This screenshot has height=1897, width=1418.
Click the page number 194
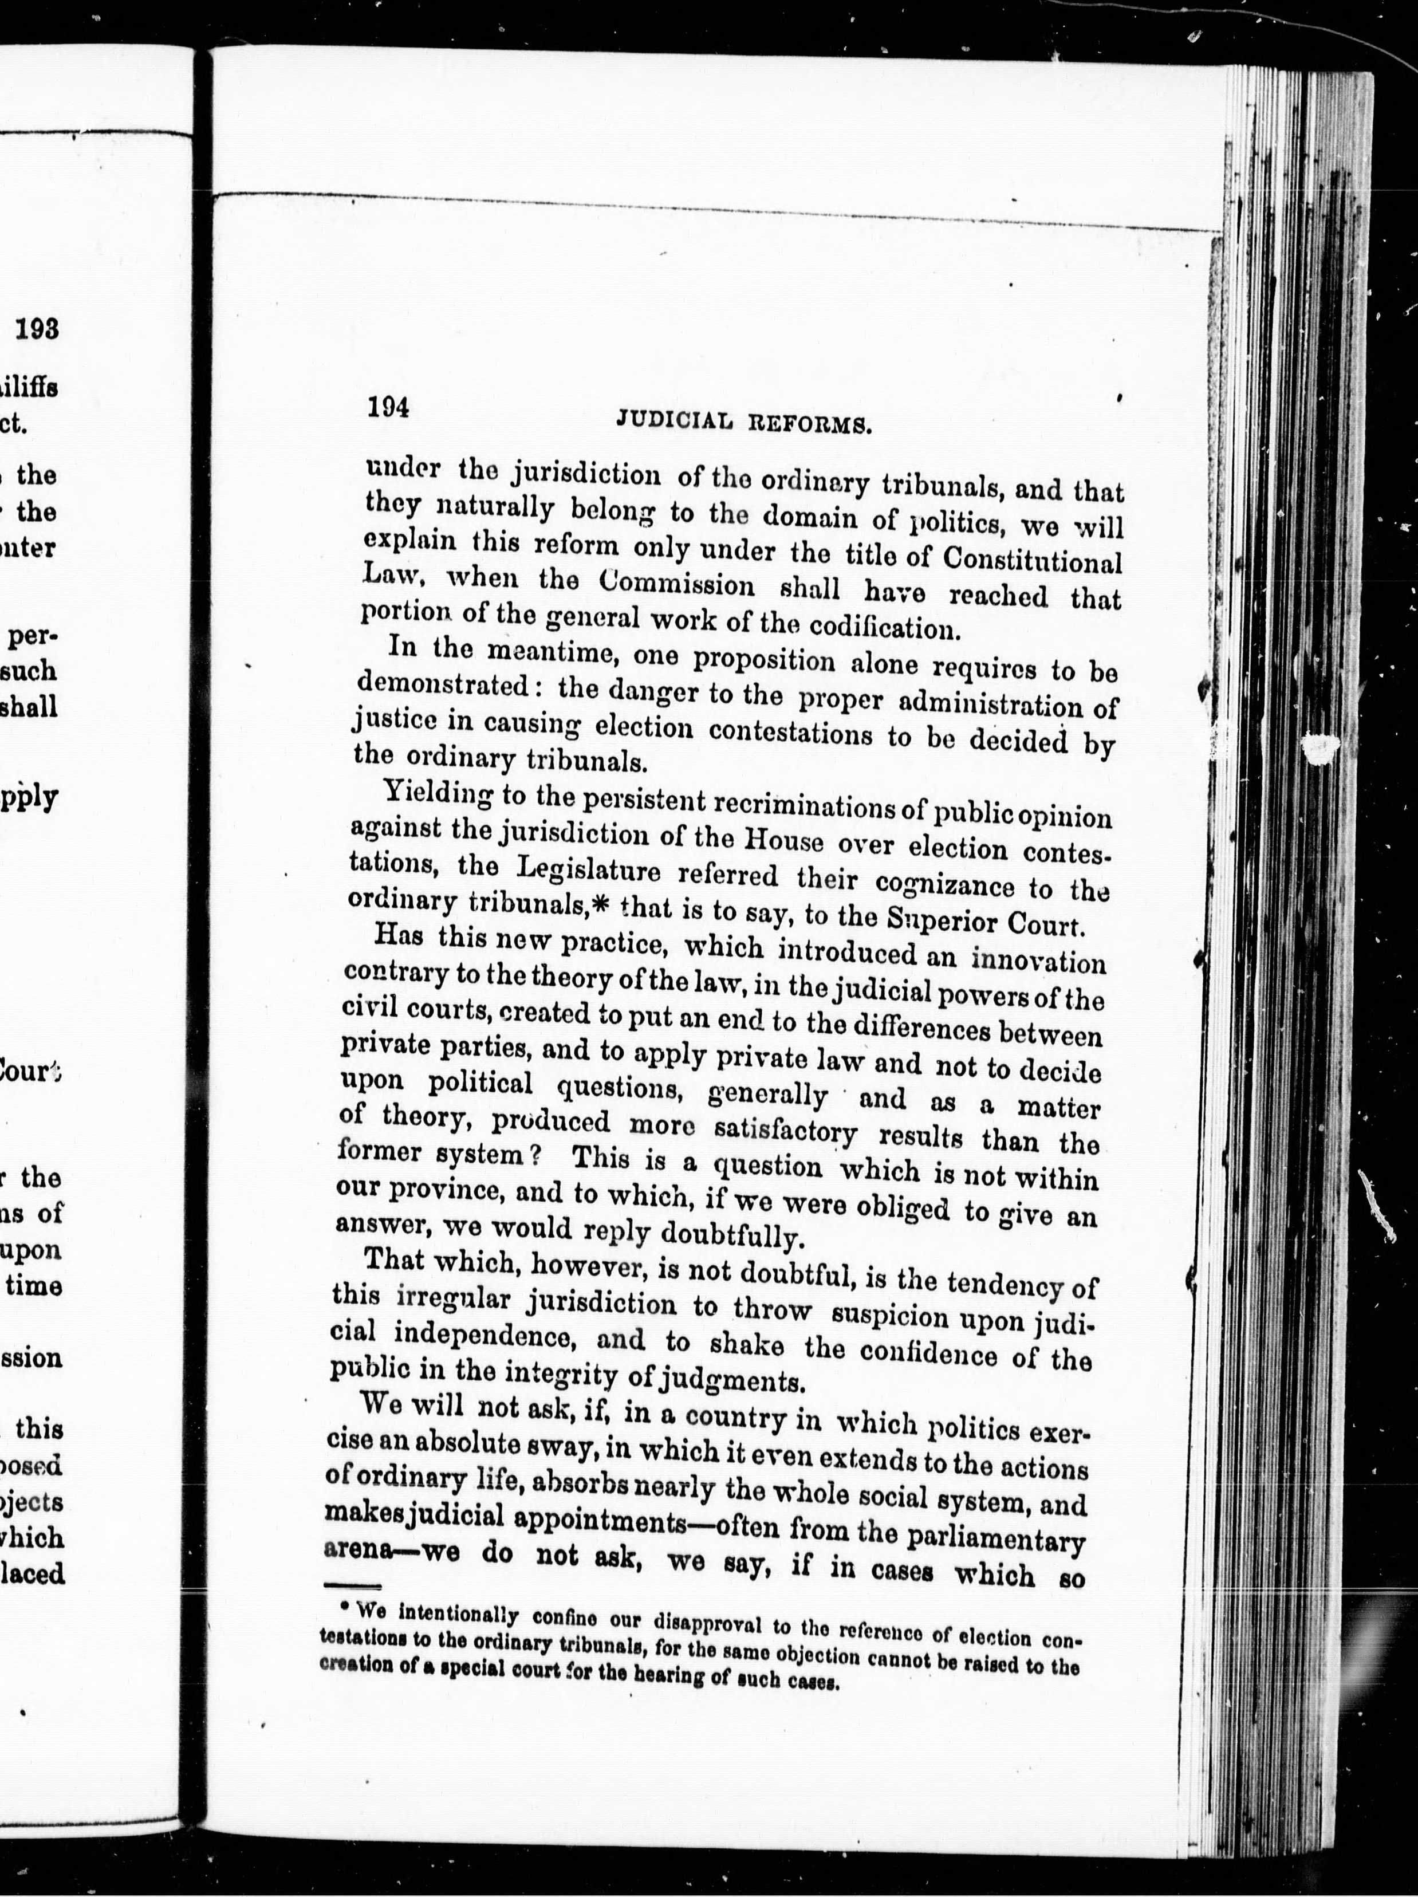tap(388, 407)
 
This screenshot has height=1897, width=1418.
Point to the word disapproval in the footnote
tap(709, 1623)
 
